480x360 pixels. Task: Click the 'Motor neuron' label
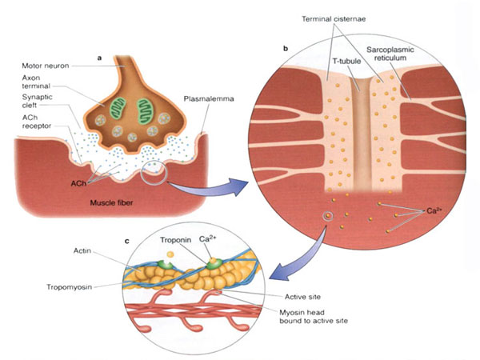point(46,66)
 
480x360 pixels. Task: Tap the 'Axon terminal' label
point(36,82)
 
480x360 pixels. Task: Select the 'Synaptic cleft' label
point(37,101)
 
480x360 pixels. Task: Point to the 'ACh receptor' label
point(37,122)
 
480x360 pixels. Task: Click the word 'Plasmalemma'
point(209,99)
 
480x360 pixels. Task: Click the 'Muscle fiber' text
point(111,202)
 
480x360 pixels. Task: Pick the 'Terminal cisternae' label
point(334,19)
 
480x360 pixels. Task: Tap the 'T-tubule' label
point(347,62)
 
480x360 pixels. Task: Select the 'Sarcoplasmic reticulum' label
point(390,54)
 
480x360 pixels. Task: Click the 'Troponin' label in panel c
point(175,240)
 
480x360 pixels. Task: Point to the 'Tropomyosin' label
point(69,287)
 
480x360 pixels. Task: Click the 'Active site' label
point(302,297)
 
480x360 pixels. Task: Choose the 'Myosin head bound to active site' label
point(314,317)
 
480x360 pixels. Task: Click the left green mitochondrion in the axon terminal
point(118,108)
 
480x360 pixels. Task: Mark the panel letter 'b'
point(286,48)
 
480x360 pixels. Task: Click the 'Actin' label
point(82,250)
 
